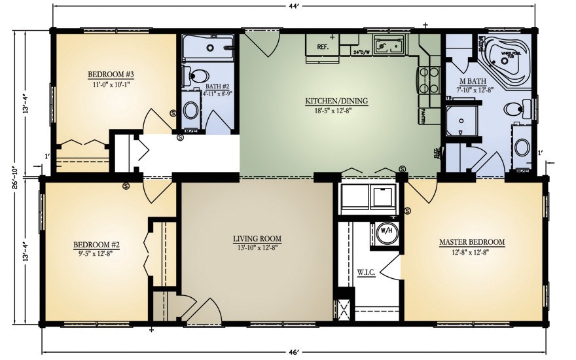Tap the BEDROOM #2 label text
tap(96, 245)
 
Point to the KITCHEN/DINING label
tap(336, 101)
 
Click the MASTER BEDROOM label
tap(471, 242)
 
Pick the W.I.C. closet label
tap(366, 270)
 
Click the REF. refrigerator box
tap(322, 47)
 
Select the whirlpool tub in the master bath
tap(507, 56)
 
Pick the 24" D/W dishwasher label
tap(361, 52)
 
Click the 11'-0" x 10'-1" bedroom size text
tap(111, 83)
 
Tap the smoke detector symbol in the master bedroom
tap(408, 211)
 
